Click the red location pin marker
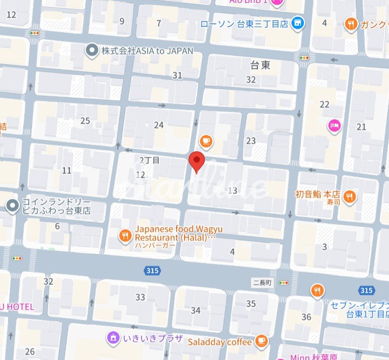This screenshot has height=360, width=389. pyautogui.click(x=197, y=161)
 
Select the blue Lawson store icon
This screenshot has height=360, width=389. pyautogui.click(x=297, y=23)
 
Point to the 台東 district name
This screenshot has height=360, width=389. pyautogui.click(x=260, y=65)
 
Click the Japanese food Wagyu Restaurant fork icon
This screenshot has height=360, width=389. pyautogui.click(x=125, y=235)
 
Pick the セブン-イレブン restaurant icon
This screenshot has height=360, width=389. pyautogui.click(x=317, y=291)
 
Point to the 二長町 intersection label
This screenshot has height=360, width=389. pyautogui.click(x=262, y=283)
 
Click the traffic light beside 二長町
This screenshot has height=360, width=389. pyautogui.click(x=284, y=283)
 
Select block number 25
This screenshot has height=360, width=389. pyautogui.click(x=85, y=121)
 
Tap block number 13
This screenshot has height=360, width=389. pyautogui.click(x=233, y=190)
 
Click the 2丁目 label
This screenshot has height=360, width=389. pyautogui.click(x=149, y=160)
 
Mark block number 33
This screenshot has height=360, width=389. pyautogui.click(x=141, y=297)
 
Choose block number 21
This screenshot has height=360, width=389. pyautogui.click(x=361, y=127)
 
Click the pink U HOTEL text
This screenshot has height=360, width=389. pyautogui.click(x=17, y=307)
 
